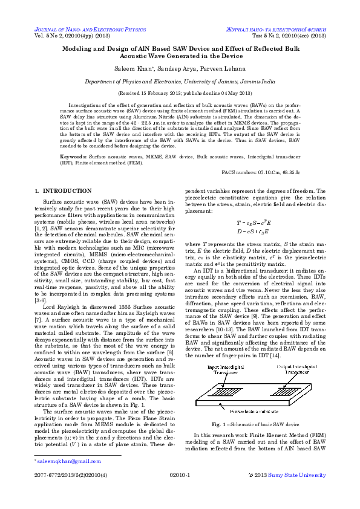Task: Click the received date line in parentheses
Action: pos(180,94)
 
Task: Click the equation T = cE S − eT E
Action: pos(252,222)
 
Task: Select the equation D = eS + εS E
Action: pos(252,231)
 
